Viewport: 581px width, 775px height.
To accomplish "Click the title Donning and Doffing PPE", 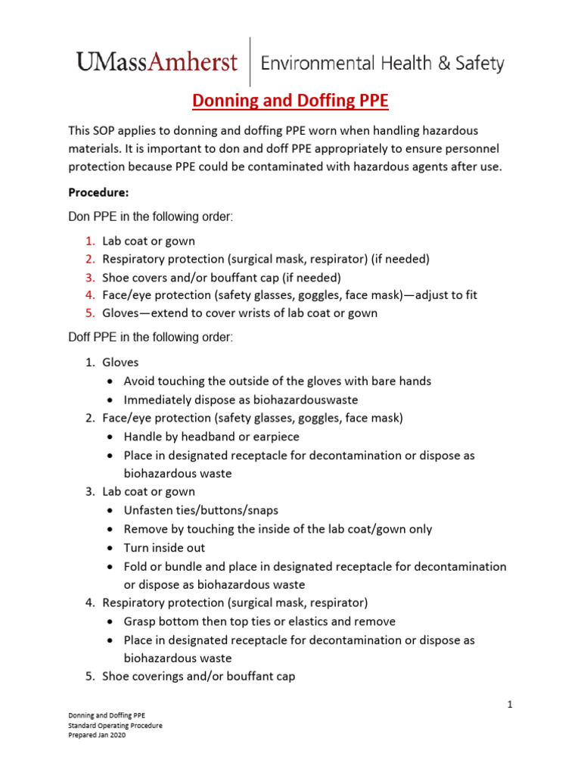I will [290, 101].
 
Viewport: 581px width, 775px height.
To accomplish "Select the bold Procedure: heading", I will [98, 192].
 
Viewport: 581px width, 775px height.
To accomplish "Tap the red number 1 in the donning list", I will [89, 241].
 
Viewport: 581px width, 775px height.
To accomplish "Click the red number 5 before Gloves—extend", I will [89, 313].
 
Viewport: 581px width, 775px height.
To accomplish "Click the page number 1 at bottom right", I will [510, 705].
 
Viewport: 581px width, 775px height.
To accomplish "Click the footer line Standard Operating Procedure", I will [115, 725].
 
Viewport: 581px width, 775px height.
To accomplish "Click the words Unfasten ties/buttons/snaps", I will [202, 510].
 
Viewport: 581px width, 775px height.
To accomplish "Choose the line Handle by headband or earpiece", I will [211, 437].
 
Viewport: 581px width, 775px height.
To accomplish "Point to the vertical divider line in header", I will [250, 62].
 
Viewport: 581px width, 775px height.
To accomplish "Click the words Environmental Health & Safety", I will [382, 64].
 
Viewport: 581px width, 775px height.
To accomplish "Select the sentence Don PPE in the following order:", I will [151, 216].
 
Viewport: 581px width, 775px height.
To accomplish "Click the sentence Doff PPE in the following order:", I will [151, 338].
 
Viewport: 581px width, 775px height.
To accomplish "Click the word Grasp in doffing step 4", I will [141, 621].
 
